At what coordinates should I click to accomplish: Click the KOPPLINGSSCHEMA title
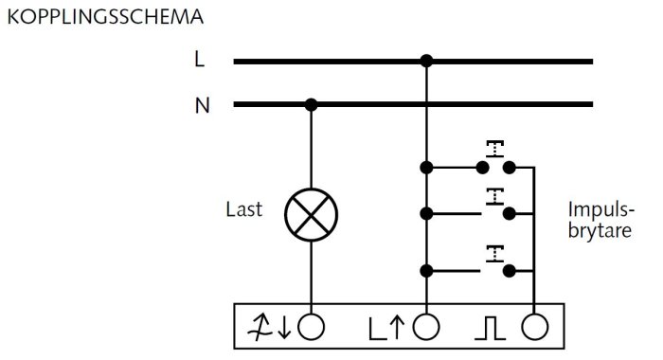click(x=106, y=17)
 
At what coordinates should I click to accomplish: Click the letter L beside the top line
click(x=200, y=60)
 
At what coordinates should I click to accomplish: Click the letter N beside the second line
click(x=202, y=105)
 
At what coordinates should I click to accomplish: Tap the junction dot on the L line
click(x=426, y=62)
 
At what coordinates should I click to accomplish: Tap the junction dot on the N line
click(x=312, y=104)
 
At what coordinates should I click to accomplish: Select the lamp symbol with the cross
click(x=312, y=215)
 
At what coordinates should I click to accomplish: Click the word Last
click(x=244, y=209)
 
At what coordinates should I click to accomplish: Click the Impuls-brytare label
click(x=600, y=220)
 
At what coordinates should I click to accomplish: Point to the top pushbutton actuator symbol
click(x=495, y=149)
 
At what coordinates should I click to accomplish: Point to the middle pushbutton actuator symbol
click(x=494, y=197)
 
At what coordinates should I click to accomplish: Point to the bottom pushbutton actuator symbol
click(x=494, y=254)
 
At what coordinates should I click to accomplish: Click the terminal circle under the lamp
click(x=312, y=327)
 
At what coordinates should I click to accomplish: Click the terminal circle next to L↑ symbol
click(x=426, y=327)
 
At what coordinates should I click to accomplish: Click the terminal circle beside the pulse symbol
click(x=535, y=327)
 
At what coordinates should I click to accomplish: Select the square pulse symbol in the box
click(x=490, y=328)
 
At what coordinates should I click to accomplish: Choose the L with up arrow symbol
click(x=386, y=329)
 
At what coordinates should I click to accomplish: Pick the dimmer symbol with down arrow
click(x=269, y=328)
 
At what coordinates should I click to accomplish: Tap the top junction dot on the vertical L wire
click(x=426, y=168)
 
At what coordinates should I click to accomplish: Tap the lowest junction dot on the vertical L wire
click(x=426, y=271)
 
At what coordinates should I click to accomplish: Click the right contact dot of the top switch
click(x=510, y=168)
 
